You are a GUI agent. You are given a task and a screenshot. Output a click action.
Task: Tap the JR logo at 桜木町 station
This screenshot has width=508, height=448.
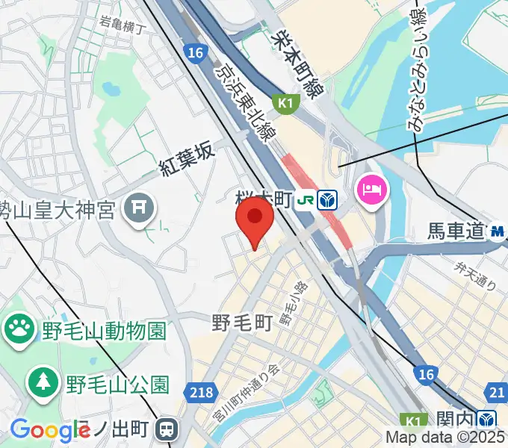pyautogui.click(x=306, y=199)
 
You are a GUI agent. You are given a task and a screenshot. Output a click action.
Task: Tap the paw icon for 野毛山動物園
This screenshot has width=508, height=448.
pyautogui.click(x=19, y=327)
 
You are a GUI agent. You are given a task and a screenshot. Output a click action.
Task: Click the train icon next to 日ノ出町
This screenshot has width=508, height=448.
pyautogui.click(x=167, y=429)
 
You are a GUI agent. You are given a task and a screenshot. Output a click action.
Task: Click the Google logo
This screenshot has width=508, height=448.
pyautogui.click(x=49, y=430)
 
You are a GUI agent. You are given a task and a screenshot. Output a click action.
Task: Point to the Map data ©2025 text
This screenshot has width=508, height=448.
pyautogui.click(x=445, y=438)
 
